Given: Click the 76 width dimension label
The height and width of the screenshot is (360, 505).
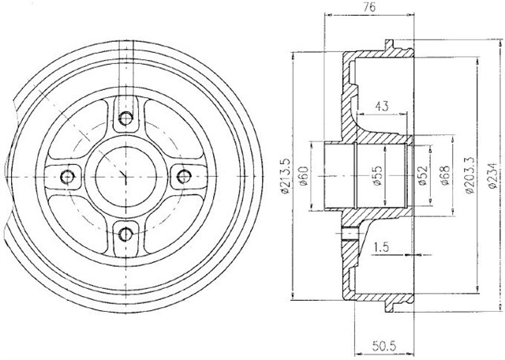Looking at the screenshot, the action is click(370, 7).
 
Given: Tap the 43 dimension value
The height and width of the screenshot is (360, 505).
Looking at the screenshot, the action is click(381, 106).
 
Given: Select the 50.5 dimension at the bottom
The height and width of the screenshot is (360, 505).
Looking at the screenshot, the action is click(384, 347).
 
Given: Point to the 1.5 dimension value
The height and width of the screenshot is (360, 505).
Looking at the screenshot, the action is click(381, 247).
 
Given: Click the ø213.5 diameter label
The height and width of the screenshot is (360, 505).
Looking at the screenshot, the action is click(286, 176).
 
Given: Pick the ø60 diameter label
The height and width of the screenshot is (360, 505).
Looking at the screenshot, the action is click(304, 176).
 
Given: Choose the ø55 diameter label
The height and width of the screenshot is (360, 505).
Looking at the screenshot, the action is click(377, 175).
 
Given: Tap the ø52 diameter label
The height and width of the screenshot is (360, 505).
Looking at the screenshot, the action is click(422, 175).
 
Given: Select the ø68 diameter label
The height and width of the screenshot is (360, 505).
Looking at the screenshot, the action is click(445, 175).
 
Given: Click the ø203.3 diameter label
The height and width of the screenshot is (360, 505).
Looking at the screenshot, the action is click(469, 175).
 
